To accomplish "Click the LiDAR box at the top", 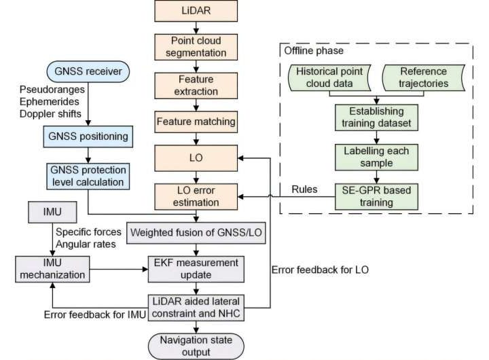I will tap(196, 11).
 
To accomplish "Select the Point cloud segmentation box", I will tap(196, 46).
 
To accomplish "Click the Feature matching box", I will tap(196, 122).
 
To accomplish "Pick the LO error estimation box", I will tap(196, 195).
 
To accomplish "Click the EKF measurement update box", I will tap(196, 268).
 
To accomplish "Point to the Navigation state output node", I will tap(196, 345).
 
